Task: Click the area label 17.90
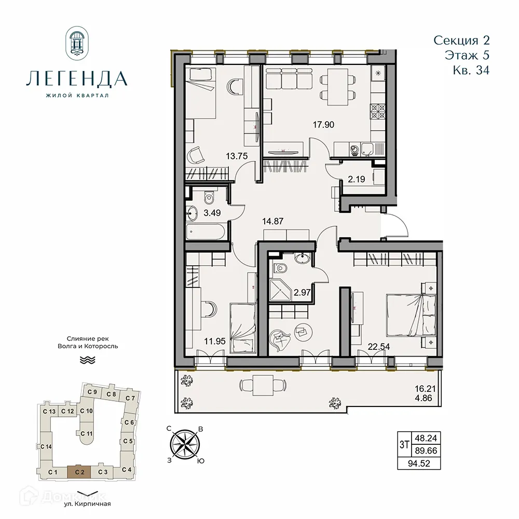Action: click(322, 125)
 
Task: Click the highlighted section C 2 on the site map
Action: click(79, 472)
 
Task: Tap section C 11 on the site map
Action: click(86, 433)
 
